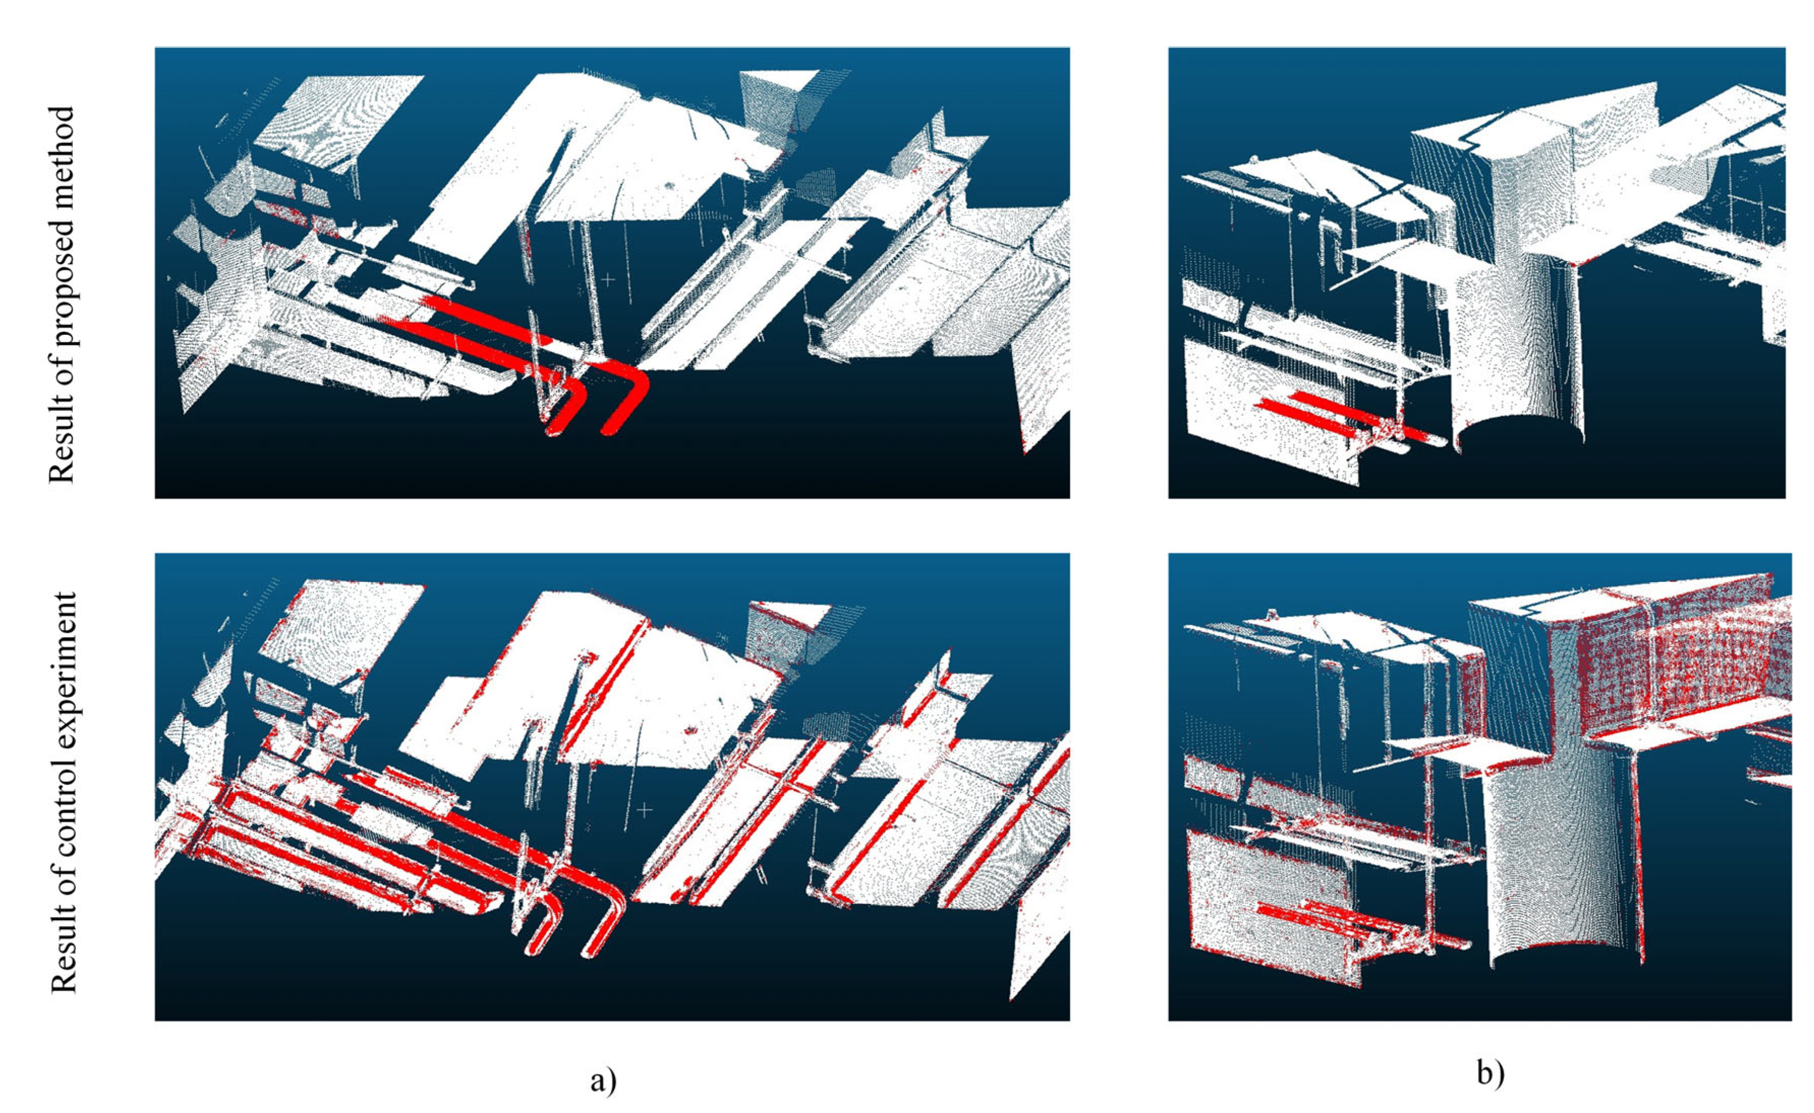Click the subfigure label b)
pos(1490,1074)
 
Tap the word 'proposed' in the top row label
pos(62,286)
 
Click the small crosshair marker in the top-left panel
pos(607,280)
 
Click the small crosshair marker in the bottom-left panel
pos(644,811)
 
